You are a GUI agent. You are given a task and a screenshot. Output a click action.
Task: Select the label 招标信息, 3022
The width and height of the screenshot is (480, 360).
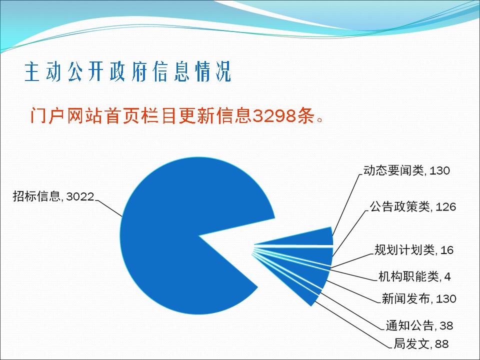(x=53, y=196)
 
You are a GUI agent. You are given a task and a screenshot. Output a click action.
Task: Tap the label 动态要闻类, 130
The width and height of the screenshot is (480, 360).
(x=406, y=170)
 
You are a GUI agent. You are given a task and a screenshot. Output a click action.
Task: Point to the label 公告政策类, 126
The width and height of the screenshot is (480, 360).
(x=413, y=207)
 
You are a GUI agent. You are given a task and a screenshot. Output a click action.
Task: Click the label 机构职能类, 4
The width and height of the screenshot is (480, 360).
(x=415, y=276)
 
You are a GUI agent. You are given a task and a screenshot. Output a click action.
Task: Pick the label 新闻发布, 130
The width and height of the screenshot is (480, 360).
(x=419, y=298)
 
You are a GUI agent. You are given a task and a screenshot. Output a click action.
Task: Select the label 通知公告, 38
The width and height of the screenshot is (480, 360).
(x=419, y=325)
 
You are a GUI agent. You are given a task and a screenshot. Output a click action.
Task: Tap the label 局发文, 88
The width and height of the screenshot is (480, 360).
(x=421, y=344)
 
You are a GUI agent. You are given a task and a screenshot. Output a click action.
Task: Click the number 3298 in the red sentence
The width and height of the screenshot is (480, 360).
(x=274, y=115)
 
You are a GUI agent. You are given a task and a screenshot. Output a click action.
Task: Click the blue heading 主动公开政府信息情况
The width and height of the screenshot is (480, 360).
(x=127, y=72)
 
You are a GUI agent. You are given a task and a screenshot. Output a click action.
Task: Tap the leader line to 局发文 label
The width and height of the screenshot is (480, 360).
(x=352, y=325)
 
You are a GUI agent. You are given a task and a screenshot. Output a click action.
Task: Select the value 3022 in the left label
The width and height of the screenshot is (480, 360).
(x=80, y=196)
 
